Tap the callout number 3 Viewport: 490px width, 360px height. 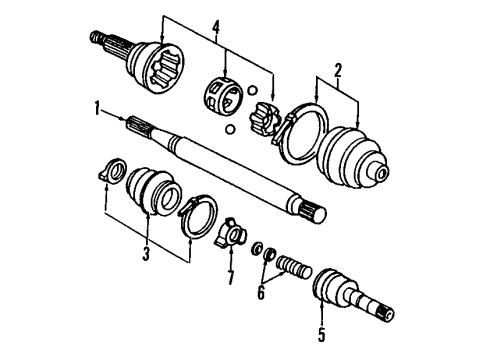tap(146, 255)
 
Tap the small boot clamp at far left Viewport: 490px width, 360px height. tap(111, 171)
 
